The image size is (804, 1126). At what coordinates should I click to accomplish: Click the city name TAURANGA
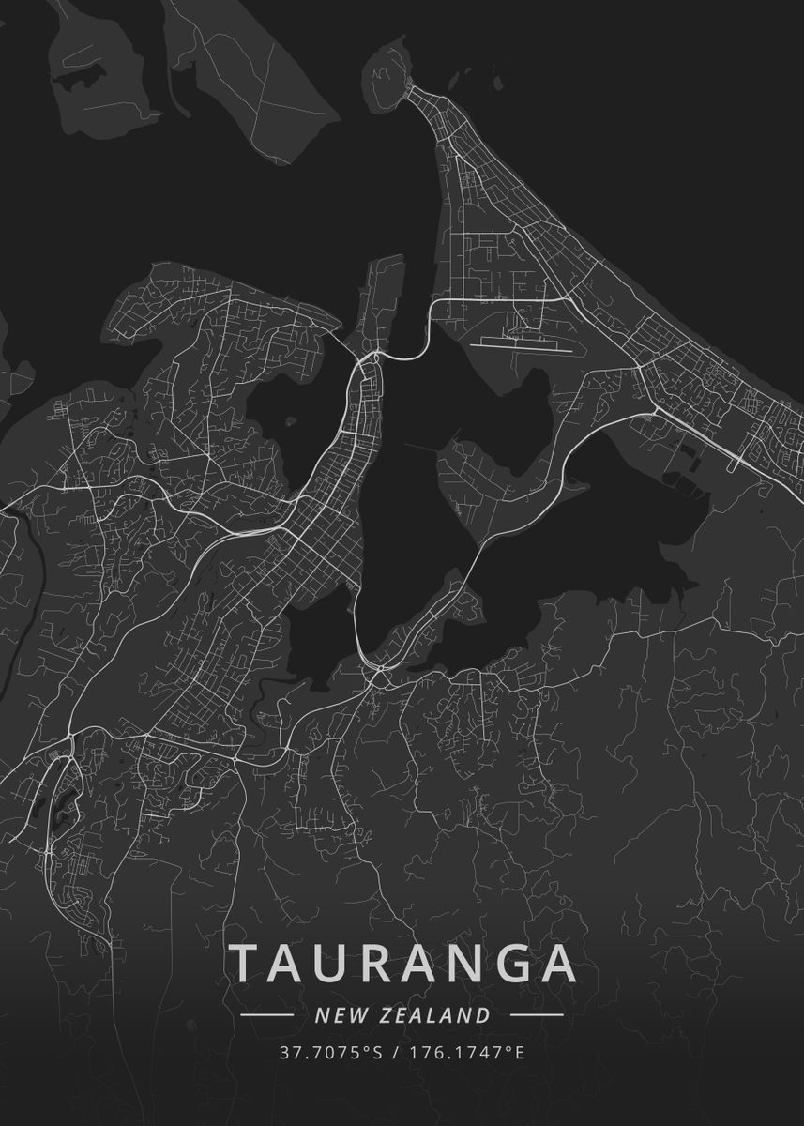click(402, 962)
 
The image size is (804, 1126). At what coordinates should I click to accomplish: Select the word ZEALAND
click(436, 1014)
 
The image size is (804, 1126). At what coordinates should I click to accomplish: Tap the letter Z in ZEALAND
click(387, 1014)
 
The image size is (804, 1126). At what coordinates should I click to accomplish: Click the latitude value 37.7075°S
click(331, 1053)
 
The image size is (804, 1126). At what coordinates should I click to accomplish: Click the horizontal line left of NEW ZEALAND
click(268, 1014)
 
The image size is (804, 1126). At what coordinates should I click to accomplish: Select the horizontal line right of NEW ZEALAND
click(536, 1014)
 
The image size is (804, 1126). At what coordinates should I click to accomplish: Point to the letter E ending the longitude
click(520, 1053)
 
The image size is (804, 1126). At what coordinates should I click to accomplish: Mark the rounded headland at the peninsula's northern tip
click(387, 70)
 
